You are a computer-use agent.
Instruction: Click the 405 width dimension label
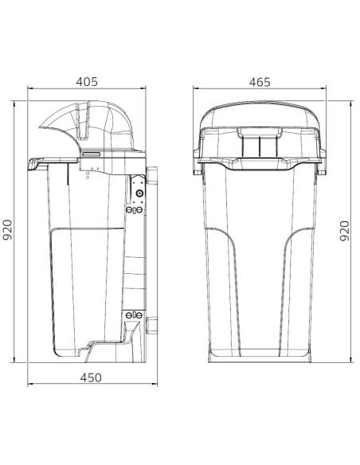pos(87,82)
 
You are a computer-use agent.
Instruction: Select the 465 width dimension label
pos(260,83)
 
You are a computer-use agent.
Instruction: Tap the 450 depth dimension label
pos(91,377)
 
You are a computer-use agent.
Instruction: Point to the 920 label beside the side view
pos(7,230)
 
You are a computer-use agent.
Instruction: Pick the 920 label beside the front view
pos(345,231)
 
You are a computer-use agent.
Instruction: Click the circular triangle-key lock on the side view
pos(139,193)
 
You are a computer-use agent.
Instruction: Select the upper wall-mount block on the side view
pos(151,175)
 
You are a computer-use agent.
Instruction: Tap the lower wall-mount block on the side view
pos(151,326)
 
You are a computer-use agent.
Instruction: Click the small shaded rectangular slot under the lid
pos(91,154)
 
